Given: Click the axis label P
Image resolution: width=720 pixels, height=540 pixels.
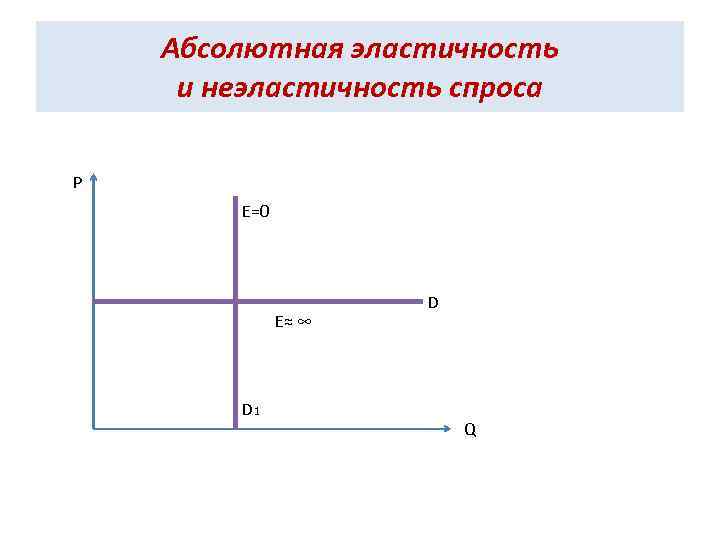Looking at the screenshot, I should [77, 182].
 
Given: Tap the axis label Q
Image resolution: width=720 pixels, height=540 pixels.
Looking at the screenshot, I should [470, 431].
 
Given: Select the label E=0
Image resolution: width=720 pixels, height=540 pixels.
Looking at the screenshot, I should [257, 211].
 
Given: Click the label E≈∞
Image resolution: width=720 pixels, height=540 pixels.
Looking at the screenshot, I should [293, 322].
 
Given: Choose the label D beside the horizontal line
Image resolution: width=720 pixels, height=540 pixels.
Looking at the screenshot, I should [433, 301].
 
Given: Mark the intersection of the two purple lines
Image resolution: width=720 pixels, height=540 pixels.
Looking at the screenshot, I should [235, 299].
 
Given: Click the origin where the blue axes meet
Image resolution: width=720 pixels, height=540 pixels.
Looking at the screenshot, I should [93, 429].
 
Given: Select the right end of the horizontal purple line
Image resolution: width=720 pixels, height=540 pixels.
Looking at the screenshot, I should [419, 299].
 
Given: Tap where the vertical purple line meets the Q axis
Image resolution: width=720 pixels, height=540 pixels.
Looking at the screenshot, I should [235, 428].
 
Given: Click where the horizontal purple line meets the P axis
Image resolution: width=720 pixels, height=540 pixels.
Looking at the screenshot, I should [94, 299].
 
